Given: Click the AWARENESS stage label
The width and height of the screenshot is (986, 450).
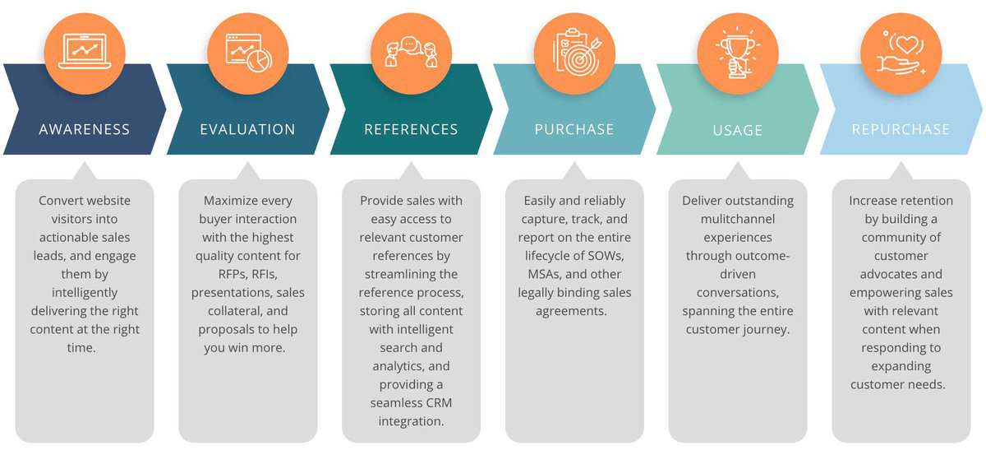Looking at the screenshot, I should point(85,129).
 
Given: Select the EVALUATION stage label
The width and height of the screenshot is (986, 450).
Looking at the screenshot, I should point(247,129).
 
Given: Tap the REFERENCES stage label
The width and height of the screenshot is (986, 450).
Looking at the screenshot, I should point(411,129).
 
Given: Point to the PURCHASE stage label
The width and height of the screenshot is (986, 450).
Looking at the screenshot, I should point(574,129).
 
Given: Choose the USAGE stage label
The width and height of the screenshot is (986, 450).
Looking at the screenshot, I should point(738,130).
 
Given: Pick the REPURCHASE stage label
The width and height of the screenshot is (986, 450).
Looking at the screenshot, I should point(901,129).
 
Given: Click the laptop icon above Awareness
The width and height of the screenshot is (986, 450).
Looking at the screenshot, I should point(85,52).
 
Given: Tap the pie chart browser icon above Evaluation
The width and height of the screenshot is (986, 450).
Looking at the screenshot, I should point(248,52).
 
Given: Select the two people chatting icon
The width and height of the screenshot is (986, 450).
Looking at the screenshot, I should point(411,52).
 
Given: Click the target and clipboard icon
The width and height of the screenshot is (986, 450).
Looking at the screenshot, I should point(574,52).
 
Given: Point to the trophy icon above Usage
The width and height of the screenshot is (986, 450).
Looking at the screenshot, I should point(737,52).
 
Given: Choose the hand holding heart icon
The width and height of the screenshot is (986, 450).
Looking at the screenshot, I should point(901,52).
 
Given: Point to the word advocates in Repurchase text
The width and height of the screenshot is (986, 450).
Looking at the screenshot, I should point(901,274).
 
